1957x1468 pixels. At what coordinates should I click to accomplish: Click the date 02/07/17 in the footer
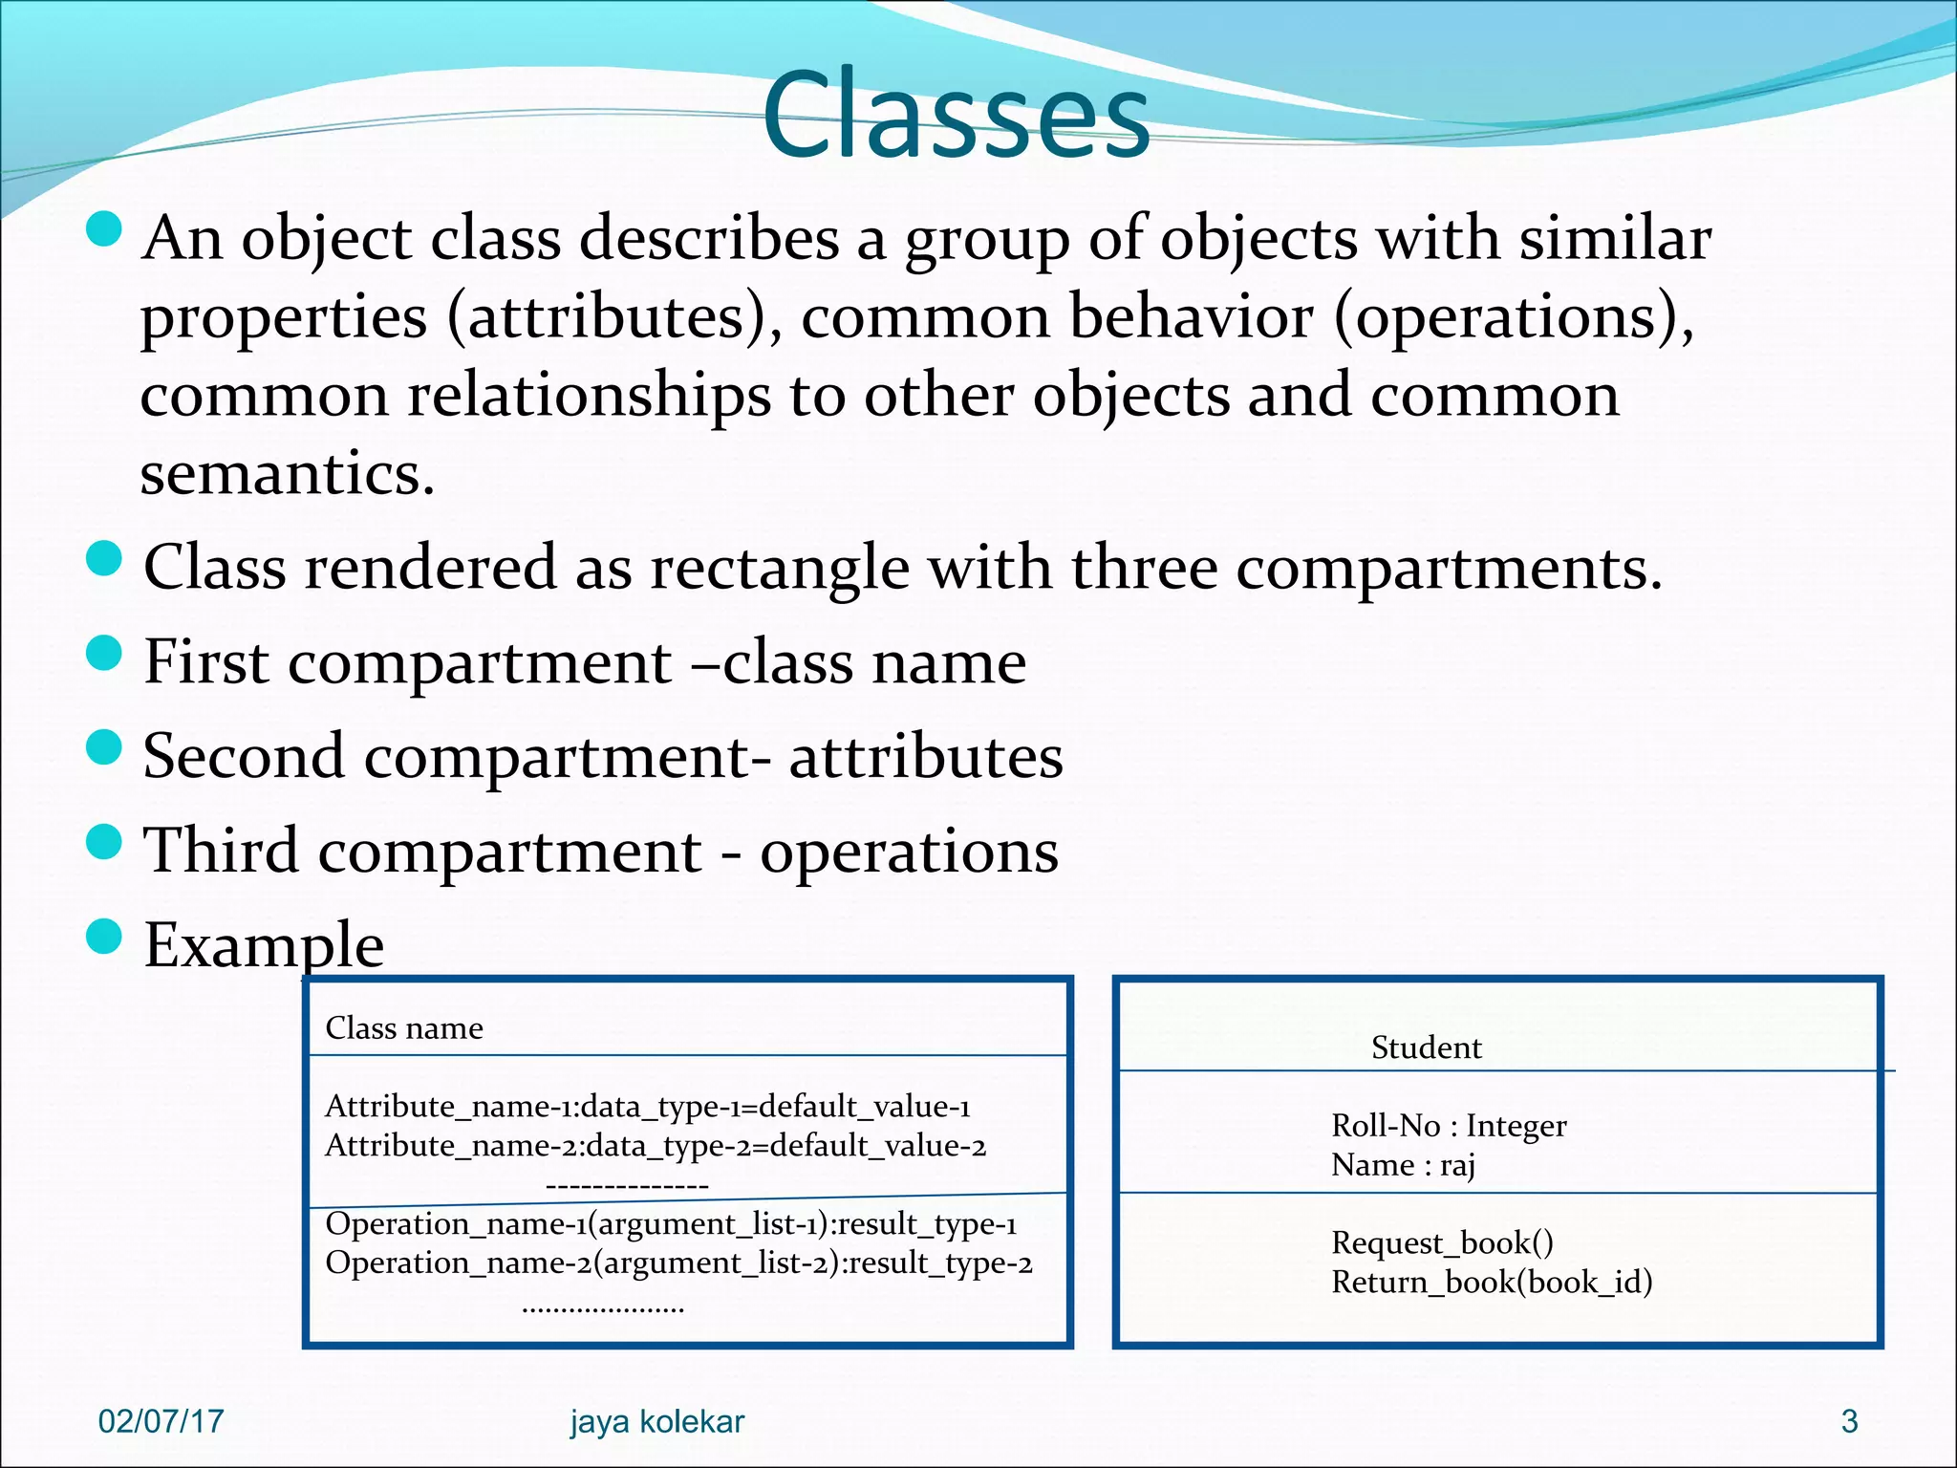(x=161, y=1421)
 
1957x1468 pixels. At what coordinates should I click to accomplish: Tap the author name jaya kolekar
(x=657, y=1421)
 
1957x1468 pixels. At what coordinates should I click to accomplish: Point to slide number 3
(x=1849, y=1421)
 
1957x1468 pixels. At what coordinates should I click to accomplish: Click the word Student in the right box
(x=1426, y=1047)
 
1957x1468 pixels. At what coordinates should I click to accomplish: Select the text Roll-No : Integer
(x=1449, y=1126)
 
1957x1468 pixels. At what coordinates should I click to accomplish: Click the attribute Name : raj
(x=1403, y=1165)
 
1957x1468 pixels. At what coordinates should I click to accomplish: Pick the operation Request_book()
(x=1442, y=1242)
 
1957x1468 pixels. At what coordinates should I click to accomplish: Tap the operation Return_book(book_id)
(x=1492, y=1282)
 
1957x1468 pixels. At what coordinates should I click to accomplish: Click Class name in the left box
(x=404, y=1028)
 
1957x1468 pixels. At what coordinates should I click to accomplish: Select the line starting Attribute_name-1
(x=648, y=1107)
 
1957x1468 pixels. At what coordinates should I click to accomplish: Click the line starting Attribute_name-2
(x=656, y=1146)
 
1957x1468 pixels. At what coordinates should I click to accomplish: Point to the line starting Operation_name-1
(x=671, y=1224)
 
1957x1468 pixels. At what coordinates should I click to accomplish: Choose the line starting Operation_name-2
(x=678, y=1263)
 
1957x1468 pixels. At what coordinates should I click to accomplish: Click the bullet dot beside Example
(x=103, y=938)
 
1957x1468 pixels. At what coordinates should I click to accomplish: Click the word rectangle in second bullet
(x=780, y=568)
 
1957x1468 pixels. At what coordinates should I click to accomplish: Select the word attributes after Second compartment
(x=925, y=757)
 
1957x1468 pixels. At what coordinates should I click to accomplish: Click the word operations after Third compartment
(x=909, y=852)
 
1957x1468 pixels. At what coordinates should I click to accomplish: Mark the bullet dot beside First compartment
(x=103, y=654)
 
